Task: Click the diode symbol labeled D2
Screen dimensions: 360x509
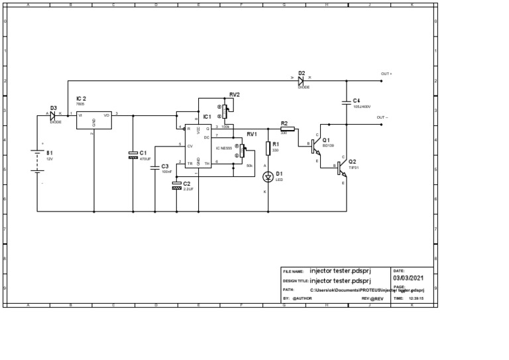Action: click(x=300, y=81)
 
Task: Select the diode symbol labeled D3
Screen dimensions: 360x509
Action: click(x=54, y=115)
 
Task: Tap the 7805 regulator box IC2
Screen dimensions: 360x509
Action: click(x=93, y=119)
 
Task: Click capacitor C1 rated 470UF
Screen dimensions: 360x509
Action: click(x=133, y=154)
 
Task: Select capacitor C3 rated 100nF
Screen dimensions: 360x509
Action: click(x=155, y=167)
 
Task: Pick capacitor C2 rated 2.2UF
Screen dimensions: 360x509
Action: click(x=176, y=185)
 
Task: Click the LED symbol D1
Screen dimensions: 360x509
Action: click(x=268, y=176)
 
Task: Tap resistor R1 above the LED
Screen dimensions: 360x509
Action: click(x=268, y=147)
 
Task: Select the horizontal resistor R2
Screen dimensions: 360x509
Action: click(x=287, y=129)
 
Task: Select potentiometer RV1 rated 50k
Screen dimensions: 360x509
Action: click(x=242, y=150)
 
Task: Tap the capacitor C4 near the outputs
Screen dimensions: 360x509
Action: click(x=346, y=102)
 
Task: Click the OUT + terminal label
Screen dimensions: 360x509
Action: click(x=386, y=74)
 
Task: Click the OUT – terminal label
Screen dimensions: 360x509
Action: click(x=382, y=117)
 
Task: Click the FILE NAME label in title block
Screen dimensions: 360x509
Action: click(x=293, y=271)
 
